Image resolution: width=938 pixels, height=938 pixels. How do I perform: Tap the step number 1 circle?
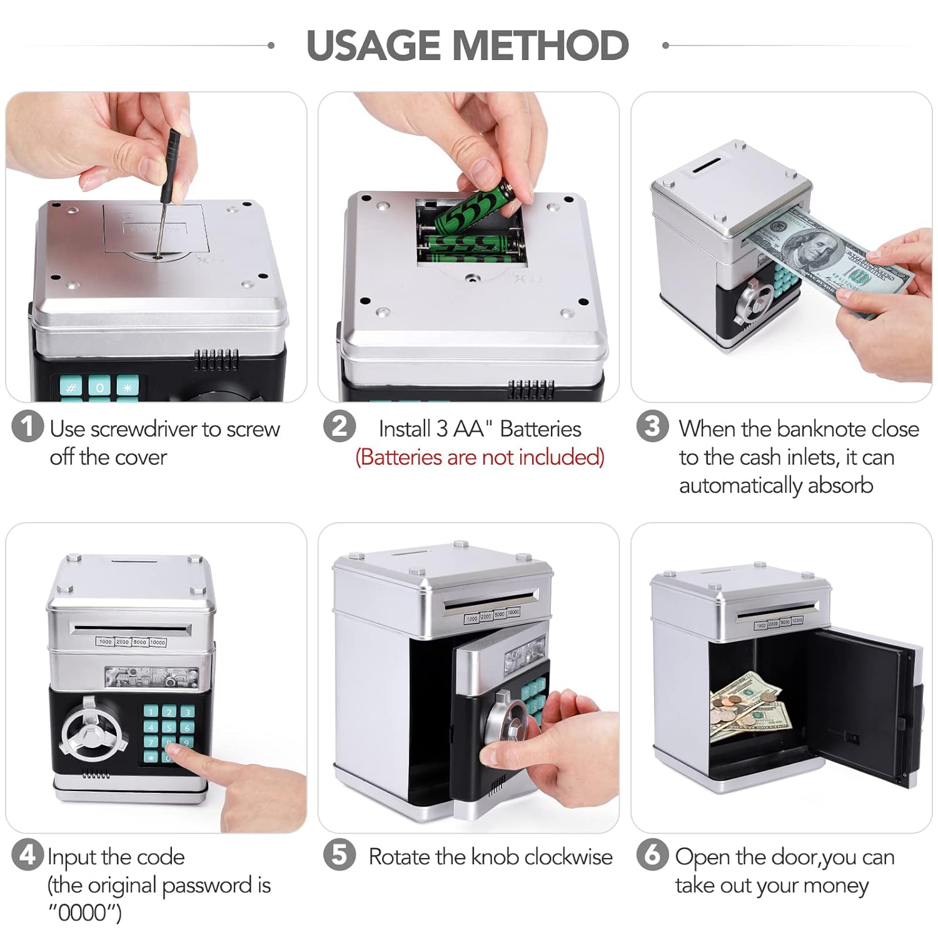click(28, 426)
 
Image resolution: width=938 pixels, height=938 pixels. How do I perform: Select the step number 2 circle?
click(340, 426)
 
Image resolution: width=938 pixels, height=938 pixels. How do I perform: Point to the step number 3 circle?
click(652, 426)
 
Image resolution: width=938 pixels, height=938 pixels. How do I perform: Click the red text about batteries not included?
click(480, 458)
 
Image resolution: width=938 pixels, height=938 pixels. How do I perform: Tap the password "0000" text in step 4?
click(86, 913)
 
